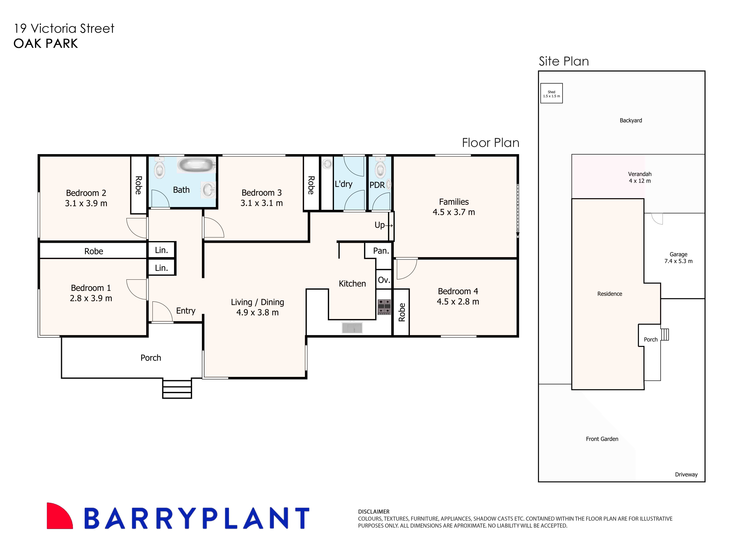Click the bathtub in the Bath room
point(196,165)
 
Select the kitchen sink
point(352,327)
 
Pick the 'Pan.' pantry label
point(381,251)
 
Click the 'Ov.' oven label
point(384,280)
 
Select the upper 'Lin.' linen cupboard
point(161,250)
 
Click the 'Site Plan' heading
point(564,61)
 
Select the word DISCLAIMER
point(374,512)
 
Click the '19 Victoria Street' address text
point(64,28)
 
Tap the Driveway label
point(686,474)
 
